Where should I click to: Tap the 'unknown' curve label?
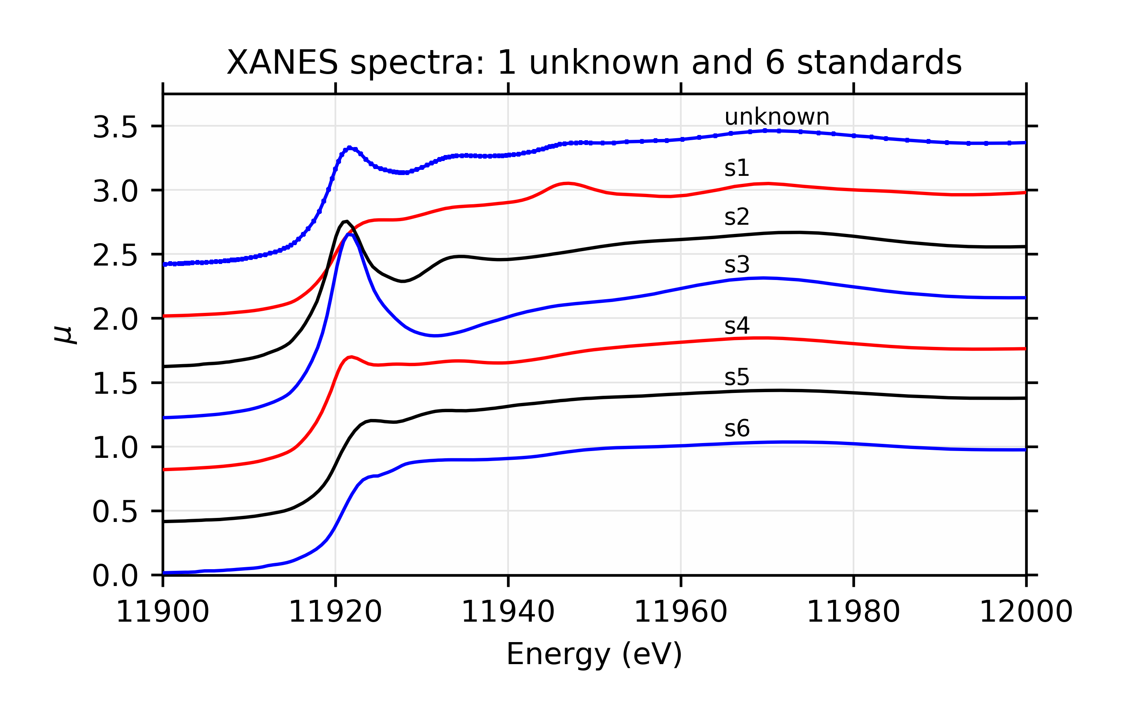[x=777, y=117]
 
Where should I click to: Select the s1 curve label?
[x=737, y=168]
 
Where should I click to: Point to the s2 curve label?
[x=737, y=217]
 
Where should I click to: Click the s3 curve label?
[x=737, y=265]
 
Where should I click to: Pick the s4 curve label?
[x=737, y=326]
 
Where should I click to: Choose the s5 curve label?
[x=737, y=377]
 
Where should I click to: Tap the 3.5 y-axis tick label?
[x=115, y=127]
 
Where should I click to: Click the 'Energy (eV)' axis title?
[x=594, y=654]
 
